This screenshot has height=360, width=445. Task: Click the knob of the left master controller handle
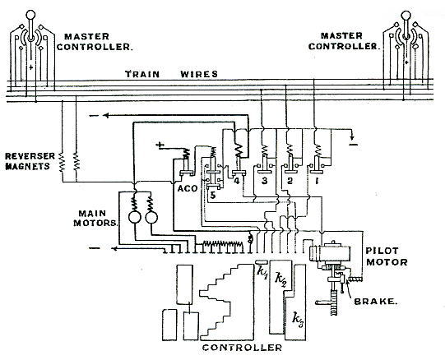coord(30,14)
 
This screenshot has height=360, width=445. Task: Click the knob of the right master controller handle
coord(406,15)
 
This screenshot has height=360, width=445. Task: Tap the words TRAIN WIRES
coord(171,74)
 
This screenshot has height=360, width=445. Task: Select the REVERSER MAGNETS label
coord(30,161)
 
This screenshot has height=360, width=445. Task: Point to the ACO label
coord(188,188)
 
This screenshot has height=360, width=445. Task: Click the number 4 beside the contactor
coord(237,181)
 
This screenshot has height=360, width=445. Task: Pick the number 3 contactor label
coord(265,181)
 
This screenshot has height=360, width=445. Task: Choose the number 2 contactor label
coord(290,181)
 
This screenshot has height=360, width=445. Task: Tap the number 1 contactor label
coord(317,181)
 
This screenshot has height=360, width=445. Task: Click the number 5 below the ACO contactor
coord(213,195)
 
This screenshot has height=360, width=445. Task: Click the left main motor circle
coord(135,217)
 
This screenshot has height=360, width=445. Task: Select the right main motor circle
coord(151,217)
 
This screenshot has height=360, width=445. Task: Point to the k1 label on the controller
coord(262,272)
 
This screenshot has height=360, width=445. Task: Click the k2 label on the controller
coord(281,280)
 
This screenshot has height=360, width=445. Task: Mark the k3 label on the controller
coord(299,320)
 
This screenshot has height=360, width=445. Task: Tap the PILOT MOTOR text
coord(387,256)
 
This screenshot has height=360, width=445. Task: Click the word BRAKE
coord(375,302)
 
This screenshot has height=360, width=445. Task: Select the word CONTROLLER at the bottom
coord(242,348)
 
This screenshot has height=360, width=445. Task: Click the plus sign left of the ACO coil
coord(160,145)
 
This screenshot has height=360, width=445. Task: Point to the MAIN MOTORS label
coord(95,218)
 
